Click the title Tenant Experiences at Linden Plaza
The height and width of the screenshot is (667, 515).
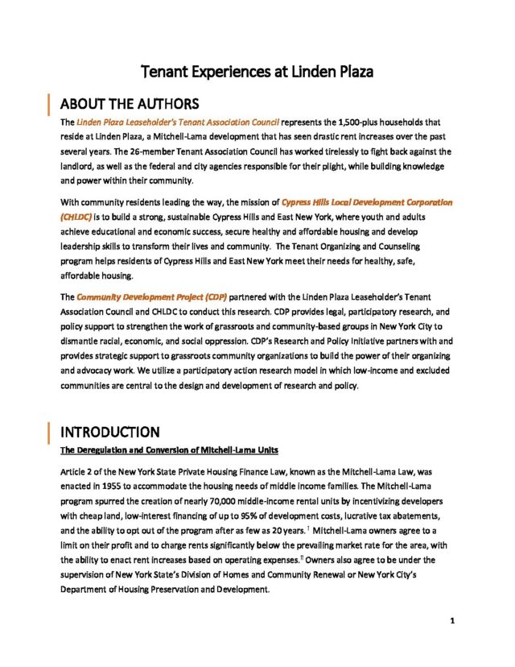(257, 72)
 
